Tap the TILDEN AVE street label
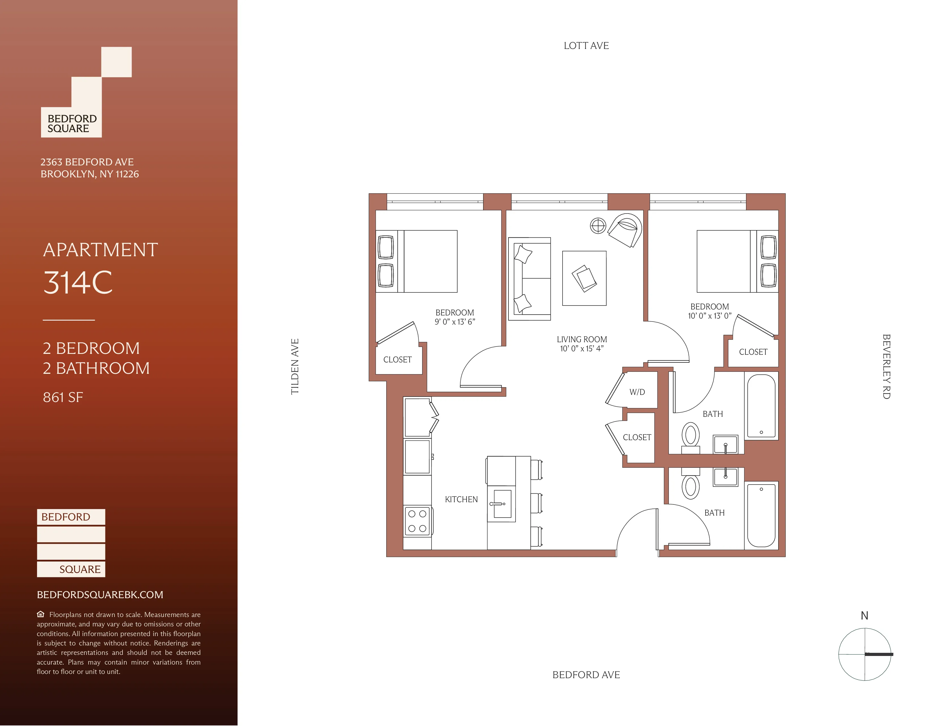[295, 366]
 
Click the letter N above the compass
[864, 616]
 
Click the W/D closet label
[637, 392]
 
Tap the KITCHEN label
[461, 499]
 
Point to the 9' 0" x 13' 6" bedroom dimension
[455, 322]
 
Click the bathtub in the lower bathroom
[761, 515]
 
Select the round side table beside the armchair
[598, 225]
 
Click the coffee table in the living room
[584, 278]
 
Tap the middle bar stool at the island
[536, 503]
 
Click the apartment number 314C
[78, 283]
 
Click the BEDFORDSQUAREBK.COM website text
[100, 595]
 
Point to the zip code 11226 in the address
[127, 174]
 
